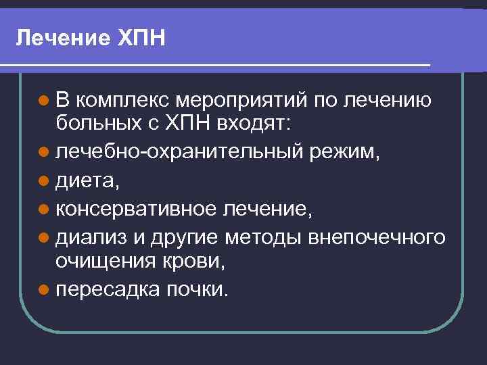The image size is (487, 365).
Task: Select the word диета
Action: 84,179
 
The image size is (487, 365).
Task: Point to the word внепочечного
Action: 377,237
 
